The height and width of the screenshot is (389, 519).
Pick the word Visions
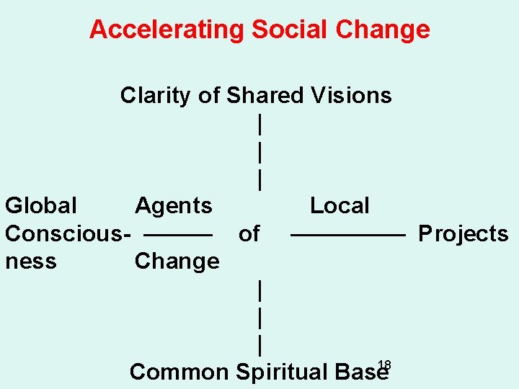point(351,95)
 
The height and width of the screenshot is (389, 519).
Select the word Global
point(41,205)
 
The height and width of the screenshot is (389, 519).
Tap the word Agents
point(174,205)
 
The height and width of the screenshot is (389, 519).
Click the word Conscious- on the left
point(68,233)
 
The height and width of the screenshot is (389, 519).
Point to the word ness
point(30,261)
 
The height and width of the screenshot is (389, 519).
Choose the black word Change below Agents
point(177,261)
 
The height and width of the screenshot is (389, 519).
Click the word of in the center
point(249,233)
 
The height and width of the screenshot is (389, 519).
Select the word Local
point(340,205)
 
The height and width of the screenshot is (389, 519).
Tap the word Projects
point(463,233)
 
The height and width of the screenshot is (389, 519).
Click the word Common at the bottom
point(178,372)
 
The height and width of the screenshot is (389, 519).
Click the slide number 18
point(384,365)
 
